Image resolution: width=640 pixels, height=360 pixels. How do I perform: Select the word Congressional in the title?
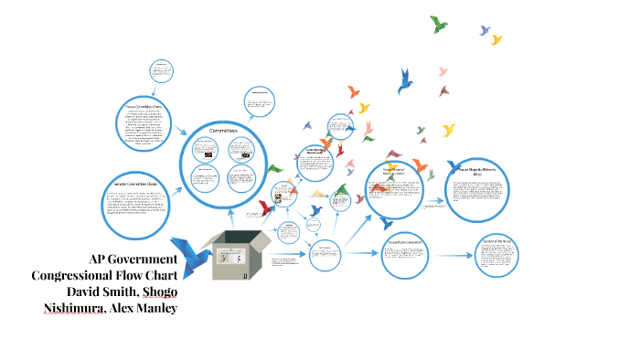(x=73, y=275)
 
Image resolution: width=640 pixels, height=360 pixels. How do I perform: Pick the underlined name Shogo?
(x=167, y=291)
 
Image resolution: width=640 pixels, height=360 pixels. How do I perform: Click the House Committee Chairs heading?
(x=144, y=106)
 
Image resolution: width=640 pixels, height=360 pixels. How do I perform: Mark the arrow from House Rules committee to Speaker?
(x=451, y=253)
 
